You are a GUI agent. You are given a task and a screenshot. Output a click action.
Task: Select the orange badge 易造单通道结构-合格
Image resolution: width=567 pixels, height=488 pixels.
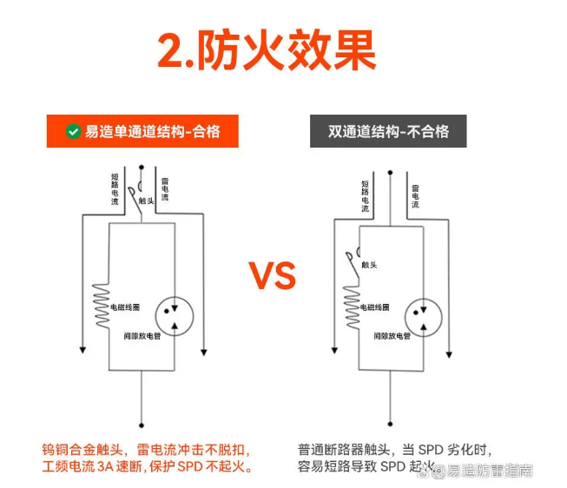coord(142,132)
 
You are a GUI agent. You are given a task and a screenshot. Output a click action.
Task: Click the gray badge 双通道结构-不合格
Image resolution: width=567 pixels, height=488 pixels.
coord(388,132)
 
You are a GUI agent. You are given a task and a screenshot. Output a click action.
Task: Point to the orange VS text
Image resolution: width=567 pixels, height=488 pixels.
coord(273,275)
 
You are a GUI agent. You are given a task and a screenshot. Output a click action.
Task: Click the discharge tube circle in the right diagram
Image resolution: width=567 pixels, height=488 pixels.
coord(421,315)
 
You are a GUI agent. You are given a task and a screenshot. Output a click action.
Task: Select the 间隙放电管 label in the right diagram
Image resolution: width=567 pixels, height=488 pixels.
coord(392,335)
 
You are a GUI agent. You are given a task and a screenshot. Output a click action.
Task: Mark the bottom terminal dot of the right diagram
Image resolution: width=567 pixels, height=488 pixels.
coord(391,423)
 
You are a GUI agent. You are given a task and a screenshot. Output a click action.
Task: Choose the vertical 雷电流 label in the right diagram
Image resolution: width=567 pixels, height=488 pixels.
coord(415,196)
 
